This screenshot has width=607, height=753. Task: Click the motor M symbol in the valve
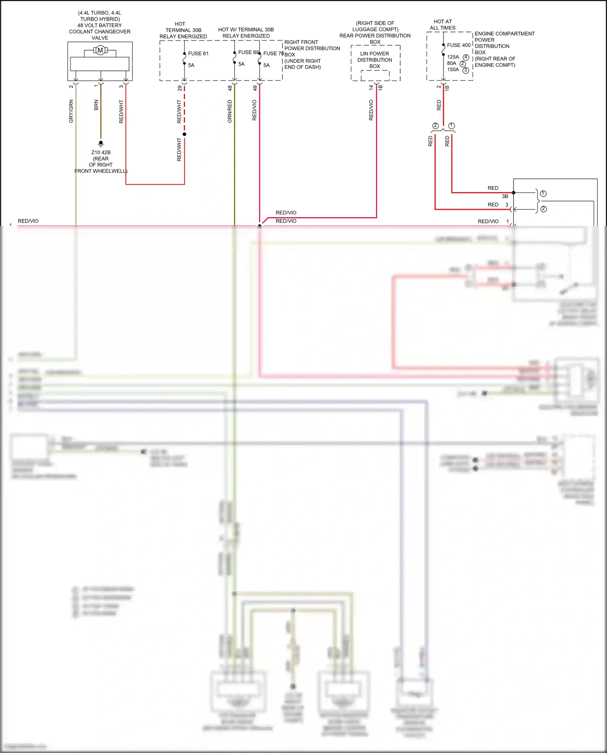tap(100, 50)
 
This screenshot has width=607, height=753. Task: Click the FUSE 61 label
tap(198, 53)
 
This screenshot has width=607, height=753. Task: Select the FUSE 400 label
tap(458, 45)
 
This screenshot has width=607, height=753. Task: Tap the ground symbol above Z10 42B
tap(101, 143)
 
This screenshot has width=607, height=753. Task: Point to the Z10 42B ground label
tap(101, 153)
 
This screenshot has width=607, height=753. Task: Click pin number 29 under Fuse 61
tap(180, 88)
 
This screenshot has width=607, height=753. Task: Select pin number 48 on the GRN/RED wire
tap(230, 88)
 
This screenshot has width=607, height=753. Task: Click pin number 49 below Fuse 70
tap(255, 88)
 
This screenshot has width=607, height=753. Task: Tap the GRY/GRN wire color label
tap(71, 111)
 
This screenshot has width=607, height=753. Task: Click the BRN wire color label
tap(96, 105)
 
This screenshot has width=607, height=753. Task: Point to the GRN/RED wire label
tap(230, 111)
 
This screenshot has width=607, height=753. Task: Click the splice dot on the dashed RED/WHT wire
tap(185, 134)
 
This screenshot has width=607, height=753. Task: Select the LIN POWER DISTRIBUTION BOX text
tap(375, 60)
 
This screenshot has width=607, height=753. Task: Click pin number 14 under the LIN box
tap(371, 87)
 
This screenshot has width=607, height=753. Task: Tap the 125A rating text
tap(453, 57)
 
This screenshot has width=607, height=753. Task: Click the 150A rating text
tap(453, 70)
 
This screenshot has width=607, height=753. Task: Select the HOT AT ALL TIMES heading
tap(443, 25)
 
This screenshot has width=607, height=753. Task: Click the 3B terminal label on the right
tap(505, 196)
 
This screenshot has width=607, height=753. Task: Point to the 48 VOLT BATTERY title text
tap(100, 25)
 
